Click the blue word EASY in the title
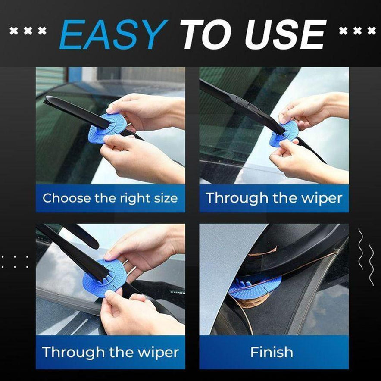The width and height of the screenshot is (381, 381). (114, 34)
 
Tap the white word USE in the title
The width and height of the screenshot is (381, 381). (285, 34)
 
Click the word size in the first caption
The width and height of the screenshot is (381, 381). (166, 198)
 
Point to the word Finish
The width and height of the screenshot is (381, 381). (272, 352)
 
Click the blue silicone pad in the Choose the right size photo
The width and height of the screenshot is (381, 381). (107, 128)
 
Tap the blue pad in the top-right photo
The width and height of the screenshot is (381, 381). (284, 134)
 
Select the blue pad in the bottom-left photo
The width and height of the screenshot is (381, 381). (104, 278)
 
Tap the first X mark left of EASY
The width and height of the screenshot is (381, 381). (14, 31)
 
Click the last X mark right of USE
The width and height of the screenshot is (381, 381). (372, 31)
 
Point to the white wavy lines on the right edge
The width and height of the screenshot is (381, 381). (366, 257)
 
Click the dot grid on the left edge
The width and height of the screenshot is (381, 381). (15, 262)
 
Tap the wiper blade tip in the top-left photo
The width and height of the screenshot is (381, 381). (46, 100)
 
